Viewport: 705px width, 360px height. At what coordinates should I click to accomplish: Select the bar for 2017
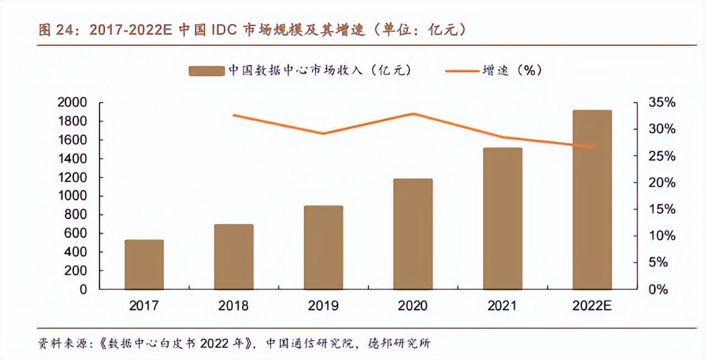coord(144,265)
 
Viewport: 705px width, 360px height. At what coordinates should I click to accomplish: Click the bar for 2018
coord(234,257)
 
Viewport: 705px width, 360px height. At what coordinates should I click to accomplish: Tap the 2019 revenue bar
coord(323,248)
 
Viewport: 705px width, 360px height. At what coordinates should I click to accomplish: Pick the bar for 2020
coord(413,234)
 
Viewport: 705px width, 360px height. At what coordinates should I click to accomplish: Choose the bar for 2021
coord(502,219)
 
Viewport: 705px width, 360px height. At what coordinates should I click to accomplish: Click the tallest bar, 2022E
coord(592,200)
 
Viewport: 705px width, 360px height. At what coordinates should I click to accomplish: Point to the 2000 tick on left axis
coord(72,102)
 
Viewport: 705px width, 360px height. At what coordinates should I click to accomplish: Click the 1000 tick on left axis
coord(72,196)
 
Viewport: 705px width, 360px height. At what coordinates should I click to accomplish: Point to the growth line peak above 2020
coord(413,114)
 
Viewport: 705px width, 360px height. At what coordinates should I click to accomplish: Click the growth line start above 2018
coord(234,115)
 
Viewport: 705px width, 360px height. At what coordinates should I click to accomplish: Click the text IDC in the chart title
coord(223,30)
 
